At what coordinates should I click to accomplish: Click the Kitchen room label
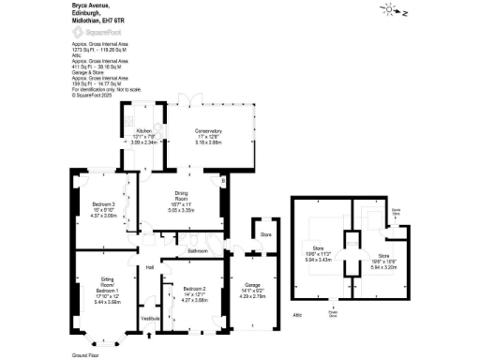point(143,130)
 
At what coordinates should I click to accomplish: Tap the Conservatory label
point(208,130)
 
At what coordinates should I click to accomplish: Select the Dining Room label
point(182,197)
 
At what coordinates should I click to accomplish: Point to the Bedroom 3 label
point(103,204)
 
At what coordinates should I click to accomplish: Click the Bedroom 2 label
point(194,288)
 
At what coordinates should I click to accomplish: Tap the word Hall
point(149,269)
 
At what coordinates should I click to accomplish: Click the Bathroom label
point(196,251)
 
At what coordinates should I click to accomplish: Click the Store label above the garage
point(265,233)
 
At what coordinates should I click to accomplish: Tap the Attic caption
point(297,316)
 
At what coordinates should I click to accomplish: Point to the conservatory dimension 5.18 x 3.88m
point(208,142)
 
